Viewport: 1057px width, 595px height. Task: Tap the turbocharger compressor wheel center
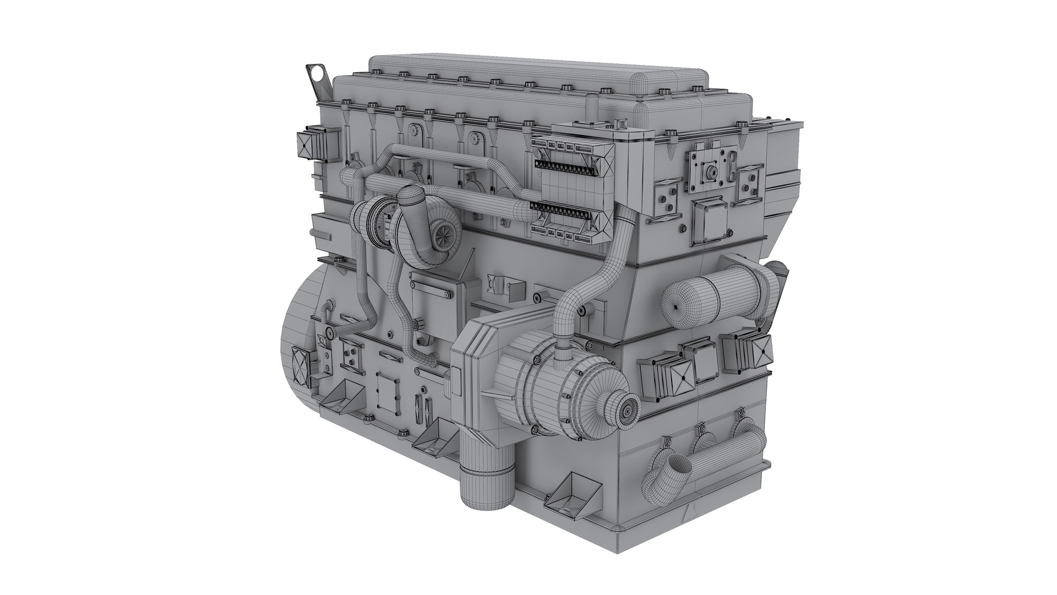click(441, 236)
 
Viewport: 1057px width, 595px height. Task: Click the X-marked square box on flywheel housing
click(302, 366)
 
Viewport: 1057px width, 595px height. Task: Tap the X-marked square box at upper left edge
click(306, 145)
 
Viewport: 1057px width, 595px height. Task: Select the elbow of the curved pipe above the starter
click(570, 303)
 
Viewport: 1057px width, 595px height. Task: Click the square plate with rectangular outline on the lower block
click(390, 393)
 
